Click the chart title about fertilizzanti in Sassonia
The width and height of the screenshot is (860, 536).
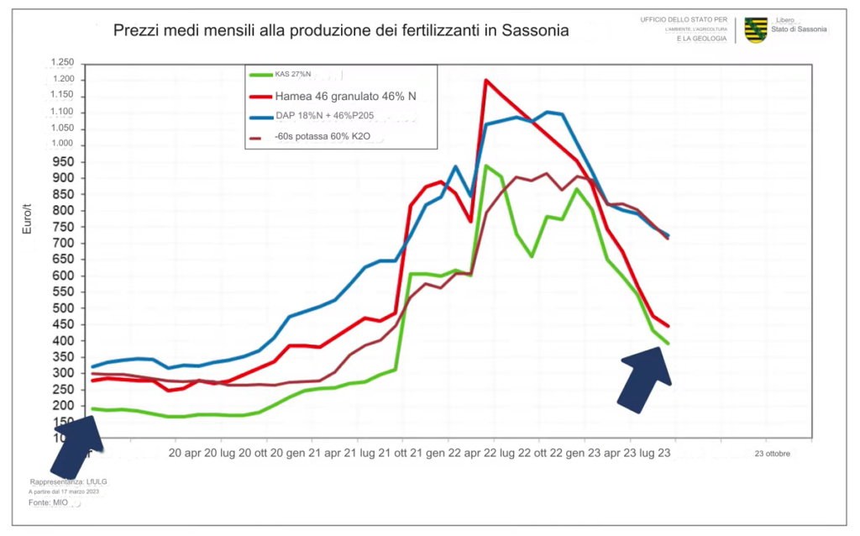[x=341, y=30]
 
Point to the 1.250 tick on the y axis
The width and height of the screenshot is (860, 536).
[x=62, y=63]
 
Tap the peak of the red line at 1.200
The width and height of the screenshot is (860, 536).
[x=485, y=81]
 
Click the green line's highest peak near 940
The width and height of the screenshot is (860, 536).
[x=485, y=166]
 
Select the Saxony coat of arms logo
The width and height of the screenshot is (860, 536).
[x=755, y=29]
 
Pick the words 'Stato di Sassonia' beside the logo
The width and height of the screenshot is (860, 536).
[x=799, y=29]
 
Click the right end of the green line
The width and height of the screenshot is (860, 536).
[x=669, y=343]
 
